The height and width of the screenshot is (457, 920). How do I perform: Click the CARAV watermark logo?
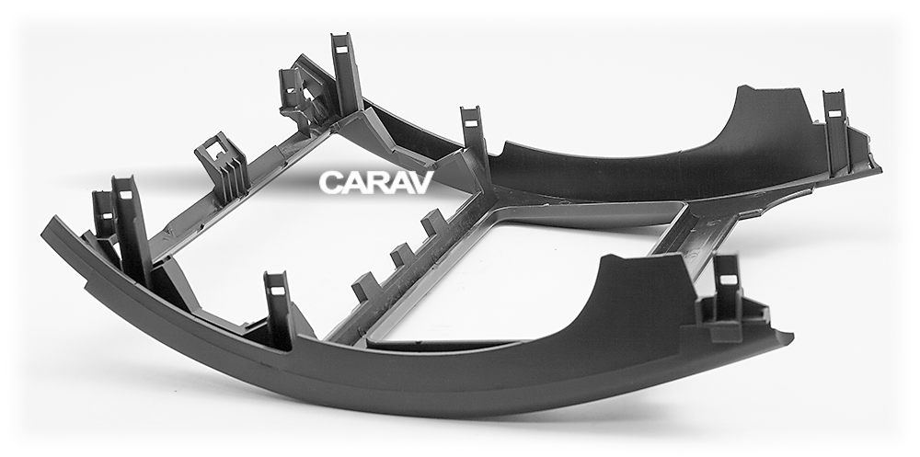click(x=376, y=182)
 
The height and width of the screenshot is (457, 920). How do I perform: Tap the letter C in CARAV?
click(x=329, y=182)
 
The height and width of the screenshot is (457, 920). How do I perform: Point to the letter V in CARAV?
click(x=421, y=182)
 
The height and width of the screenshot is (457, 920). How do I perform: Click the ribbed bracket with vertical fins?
click(x=222, y=167)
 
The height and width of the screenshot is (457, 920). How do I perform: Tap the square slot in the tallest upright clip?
click(x=342, y=45)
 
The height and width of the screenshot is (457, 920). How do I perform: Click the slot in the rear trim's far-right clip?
click(x=834, y=113)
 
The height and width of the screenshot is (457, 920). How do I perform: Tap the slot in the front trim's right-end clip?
click(x=728, y=280)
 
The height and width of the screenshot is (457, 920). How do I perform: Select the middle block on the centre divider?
click(x=403, y=256)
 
